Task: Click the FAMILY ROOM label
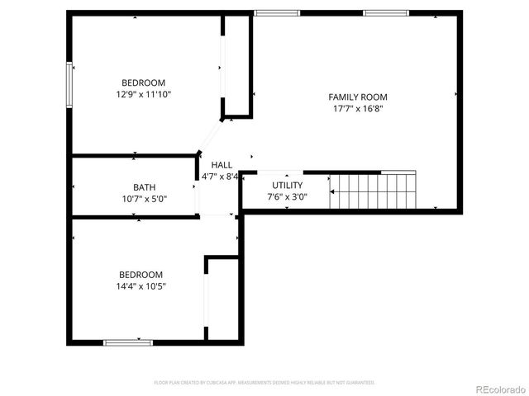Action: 357,97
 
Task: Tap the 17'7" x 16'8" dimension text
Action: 357,108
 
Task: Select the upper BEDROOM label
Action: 143,82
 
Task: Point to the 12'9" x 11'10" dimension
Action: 143,94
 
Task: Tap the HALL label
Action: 222,165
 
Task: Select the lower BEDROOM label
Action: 141,275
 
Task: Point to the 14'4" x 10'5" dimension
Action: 141,286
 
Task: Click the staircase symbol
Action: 373,191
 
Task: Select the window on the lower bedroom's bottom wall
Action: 128,342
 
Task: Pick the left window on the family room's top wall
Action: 277,13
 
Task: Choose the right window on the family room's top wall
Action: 386,13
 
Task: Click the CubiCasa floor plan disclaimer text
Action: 264,383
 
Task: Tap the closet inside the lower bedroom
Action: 222,298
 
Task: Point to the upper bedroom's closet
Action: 236,66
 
